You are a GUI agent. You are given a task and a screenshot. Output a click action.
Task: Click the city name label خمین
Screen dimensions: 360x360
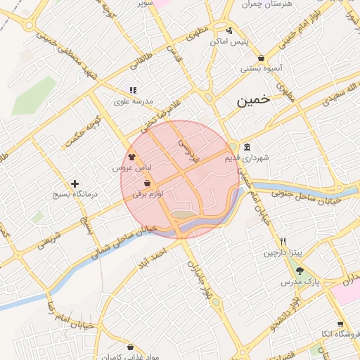(252, 101)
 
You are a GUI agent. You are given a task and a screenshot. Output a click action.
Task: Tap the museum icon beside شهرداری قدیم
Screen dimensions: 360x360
(247, 147)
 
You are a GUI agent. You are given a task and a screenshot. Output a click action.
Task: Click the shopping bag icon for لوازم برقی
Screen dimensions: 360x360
(147, 183)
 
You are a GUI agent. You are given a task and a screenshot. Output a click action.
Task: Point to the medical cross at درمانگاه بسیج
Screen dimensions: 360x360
(75, 184)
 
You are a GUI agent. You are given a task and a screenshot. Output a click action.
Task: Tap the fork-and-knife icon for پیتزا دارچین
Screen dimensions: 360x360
(283, 241)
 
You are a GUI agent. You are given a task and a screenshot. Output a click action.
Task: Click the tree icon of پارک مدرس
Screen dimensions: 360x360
(300, 270)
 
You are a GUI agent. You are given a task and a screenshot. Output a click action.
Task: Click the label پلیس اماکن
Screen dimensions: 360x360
(229, 41)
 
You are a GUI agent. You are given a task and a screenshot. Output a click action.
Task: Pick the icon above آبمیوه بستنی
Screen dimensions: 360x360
(262, 58)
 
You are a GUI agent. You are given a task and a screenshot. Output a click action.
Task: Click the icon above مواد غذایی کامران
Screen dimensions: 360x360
(131, 347)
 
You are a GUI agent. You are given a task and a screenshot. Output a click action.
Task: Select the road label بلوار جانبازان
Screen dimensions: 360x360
(195, 278)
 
